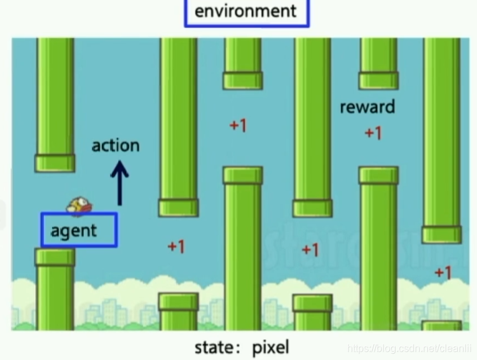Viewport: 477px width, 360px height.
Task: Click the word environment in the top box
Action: (245, 11)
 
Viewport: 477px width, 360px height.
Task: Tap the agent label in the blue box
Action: (74, 230)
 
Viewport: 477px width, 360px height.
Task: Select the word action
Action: (115, 145)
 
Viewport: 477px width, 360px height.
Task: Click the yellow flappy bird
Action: (80, 204)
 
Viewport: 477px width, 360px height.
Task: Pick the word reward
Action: (367, 107)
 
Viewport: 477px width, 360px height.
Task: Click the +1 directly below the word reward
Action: (373, 133)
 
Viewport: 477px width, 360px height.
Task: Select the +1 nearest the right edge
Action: (443, 272)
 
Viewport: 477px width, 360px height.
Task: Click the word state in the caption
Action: (212, 348)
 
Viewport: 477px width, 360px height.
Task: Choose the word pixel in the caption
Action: (270, 348)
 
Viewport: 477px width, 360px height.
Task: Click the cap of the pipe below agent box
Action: (55, 257)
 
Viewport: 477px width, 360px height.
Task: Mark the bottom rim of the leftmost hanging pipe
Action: (55, 163)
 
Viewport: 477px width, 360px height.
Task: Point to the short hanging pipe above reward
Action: (378, 64)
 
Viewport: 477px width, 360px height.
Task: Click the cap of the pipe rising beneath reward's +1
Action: (378, 175)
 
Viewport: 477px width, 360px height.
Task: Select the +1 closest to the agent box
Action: (176, 246)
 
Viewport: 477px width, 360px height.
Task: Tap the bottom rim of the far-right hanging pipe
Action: (442, 235)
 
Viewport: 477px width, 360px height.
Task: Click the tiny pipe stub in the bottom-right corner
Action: (442, 326)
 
